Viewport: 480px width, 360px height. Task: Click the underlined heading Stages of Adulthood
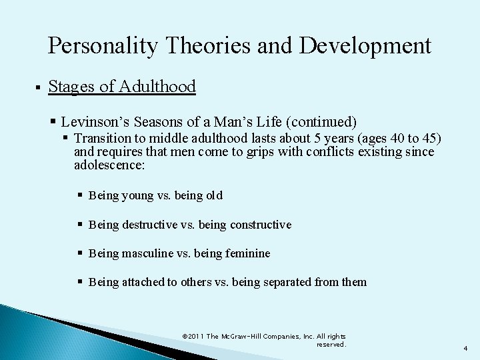coord(122,87)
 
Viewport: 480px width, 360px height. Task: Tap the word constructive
coord(259,225)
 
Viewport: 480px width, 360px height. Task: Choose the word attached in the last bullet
coord(145,282)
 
